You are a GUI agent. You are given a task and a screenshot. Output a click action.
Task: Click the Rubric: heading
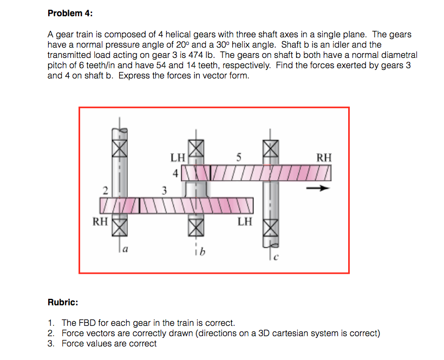(63, 303)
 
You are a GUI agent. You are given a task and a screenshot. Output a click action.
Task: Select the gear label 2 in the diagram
(107, 190)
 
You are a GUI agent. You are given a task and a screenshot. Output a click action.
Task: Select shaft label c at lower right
(277, 257)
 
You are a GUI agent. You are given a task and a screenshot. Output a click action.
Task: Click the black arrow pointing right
(317, 189)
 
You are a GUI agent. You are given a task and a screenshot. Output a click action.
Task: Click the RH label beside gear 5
(324, 158)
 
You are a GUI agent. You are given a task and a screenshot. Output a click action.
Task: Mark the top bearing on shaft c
(271, 147)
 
